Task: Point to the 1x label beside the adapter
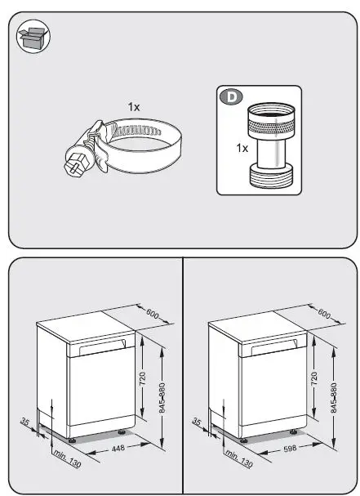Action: [242, 150]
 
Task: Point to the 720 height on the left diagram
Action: [141, 378]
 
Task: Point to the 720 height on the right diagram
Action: [313, 378]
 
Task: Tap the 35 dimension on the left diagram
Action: [24, 422]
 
